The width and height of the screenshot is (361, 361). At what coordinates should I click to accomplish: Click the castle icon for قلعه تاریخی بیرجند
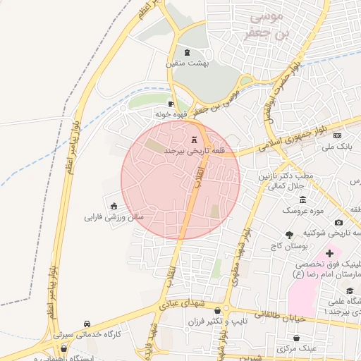click(195, 140)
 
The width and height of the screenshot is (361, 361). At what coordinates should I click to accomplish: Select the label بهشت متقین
click(184, 63)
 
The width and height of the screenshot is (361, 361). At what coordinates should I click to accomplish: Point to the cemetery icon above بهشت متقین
click(186, 53)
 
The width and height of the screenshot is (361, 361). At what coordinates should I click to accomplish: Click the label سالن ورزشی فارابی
click(114, 217)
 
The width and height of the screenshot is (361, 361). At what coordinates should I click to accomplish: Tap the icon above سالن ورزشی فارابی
click(114, 206)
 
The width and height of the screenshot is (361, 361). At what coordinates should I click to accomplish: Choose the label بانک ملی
click(336, 147)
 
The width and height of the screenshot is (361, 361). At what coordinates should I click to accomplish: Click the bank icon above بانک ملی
click(338, 135)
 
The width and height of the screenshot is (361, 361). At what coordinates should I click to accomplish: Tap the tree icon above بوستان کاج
click(290, 235)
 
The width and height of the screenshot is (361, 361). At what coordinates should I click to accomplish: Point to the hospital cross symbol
click(329, 252)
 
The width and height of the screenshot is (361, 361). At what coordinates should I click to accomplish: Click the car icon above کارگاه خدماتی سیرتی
click(87, 323)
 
